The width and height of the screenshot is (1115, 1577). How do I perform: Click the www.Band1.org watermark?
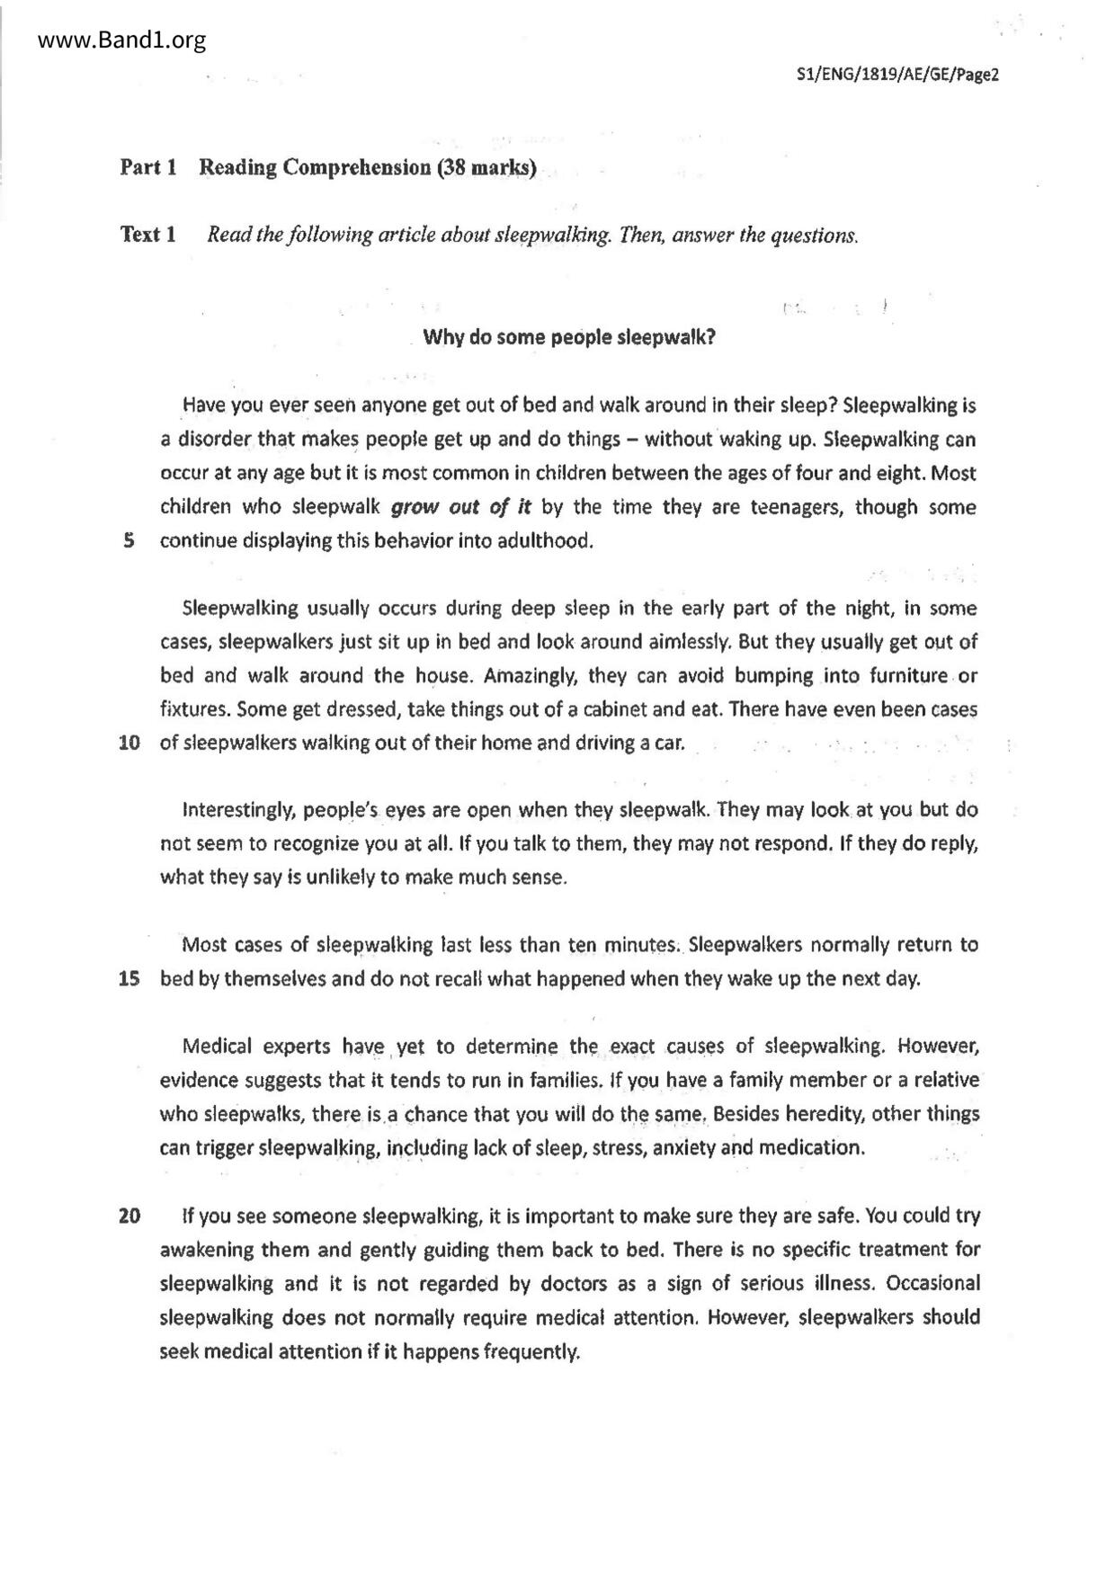click(111, 40)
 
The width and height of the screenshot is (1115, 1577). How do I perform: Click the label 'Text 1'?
click(147, 235)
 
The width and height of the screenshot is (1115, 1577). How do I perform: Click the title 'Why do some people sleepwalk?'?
click(569, 337)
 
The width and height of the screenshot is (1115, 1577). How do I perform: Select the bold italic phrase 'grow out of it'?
click(461, 507)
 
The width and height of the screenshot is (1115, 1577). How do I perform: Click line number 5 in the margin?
click(129, 540)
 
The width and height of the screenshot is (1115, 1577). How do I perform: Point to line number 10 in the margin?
click(129, 744)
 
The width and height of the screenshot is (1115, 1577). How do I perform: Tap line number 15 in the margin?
click(129, 979)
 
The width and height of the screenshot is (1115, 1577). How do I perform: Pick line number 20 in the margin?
click(129, 1216)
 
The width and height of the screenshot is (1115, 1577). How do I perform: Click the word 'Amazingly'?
click(535, 676)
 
